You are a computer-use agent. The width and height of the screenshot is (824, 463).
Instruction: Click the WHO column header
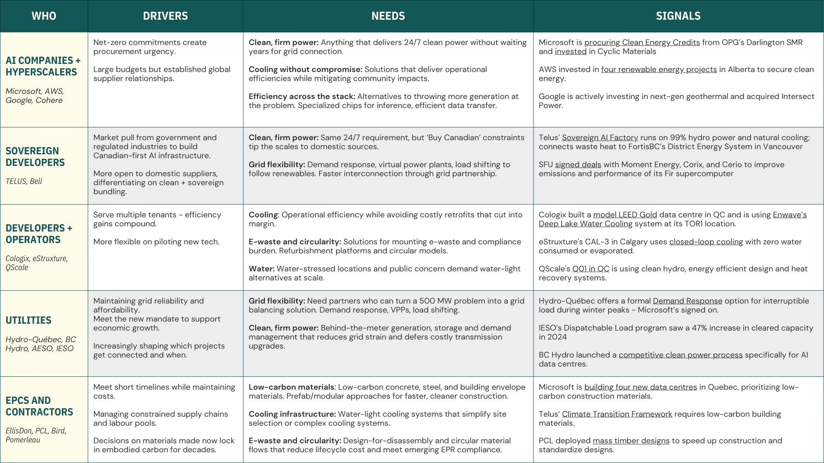(44, 16)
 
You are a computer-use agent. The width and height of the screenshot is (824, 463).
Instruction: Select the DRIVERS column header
(165, 16)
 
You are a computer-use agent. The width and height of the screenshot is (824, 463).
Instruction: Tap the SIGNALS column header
(678, 16)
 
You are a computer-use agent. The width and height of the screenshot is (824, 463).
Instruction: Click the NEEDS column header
(388, 16)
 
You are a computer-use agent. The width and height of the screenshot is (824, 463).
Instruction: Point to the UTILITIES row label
(28, 320)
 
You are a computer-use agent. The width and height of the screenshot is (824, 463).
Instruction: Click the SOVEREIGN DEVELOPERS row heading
(35, 156)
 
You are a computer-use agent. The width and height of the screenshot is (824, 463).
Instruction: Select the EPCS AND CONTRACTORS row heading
(39, 406)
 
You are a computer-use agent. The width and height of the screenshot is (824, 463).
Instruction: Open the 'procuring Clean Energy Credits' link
(642, 42)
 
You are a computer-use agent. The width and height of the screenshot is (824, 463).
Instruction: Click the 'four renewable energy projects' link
(659, 69)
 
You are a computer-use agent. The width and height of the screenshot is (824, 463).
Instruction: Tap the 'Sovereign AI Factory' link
(600, 138)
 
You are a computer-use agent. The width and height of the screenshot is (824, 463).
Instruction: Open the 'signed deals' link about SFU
(578, 165)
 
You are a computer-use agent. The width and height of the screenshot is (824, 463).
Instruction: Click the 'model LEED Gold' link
(625, 215)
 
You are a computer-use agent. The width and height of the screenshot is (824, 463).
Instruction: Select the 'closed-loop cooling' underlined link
(706, 242)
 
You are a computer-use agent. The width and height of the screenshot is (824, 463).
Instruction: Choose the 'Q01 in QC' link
(591, 269)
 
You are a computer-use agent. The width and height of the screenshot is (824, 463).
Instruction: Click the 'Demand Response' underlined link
(687, 301)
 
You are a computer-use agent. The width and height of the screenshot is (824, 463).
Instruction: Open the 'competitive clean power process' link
(680, 355)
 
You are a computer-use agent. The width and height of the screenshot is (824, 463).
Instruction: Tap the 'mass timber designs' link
(630, 441)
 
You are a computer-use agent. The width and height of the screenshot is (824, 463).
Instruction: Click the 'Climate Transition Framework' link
(617, 414)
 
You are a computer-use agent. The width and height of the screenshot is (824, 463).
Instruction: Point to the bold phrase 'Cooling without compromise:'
(306, 69)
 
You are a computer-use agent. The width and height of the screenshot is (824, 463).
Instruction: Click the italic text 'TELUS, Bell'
(24, 181)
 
